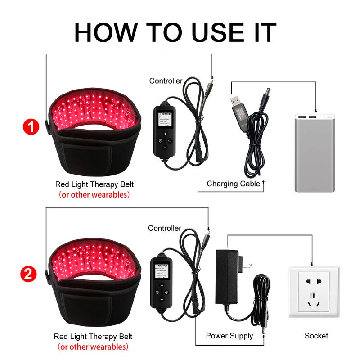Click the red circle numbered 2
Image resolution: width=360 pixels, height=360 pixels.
(28, 274)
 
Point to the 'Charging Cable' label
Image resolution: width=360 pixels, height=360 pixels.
(233, 184)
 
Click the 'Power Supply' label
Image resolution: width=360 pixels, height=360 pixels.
(229, 336)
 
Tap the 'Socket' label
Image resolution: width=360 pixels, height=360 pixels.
(316, 336)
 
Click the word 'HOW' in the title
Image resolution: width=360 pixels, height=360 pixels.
(107, 32)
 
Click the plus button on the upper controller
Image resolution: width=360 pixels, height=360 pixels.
(165, 134)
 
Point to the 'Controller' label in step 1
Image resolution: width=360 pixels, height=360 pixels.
(166, 81)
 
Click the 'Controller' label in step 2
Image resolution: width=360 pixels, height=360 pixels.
(165, 228)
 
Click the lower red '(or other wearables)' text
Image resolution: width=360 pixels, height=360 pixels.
(93, 347)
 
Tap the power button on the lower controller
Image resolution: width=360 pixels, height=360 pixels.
(166, 292)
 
